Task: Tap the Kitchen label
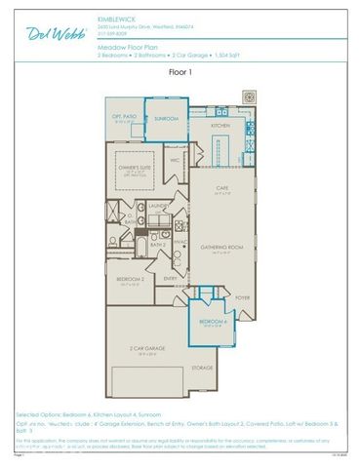tap(220, 125)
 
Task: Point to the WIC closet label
tap(175, 160)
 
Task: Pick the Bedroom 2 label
tap(131, 279)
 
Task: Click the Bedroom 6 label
tap(214, 322)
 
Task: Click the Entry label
tap(170, 278)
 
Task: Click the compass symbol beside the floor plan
tap(249, 98)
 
